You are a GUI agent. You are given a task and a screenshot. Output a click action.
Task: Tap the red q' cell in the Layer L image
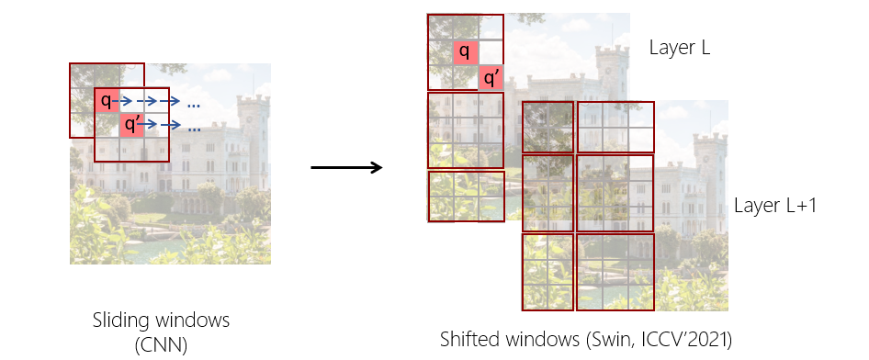pyautogui.click(x=491, y=78)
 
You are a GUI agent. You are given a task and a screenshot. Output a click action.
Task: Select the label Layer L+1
pyautogui.click(x=775, y=205)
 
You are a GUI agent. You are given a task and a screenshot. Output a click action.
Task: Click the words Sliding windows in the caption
pyautogui.click(x=161, y=321)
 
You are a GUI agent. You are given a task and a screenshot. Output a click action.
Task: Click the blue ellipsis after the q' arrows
pyautogui.click(x=194, y=129)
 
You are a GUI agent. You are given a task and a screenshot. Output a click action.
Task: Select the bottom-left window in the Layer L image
pyautogui.click(x=466, y=196)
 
